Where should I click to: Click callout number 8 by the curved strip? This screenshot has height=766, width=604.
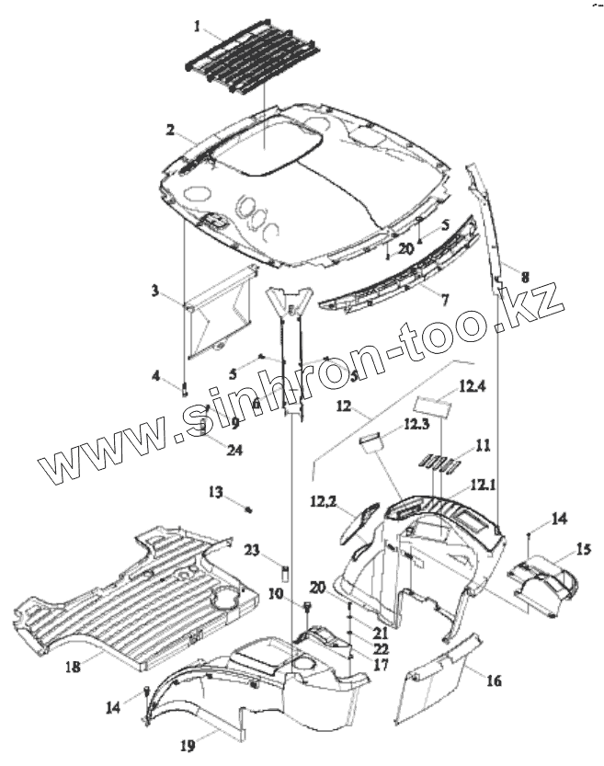click(x=524, y=274)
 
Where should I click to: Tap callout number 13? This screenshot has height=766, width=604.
click(x=214, y=494)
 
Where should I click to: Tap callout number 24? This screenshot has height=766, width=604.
click(x=210, y=451)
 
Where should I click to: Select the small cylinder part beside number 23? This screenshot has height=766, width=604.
click(x=286, y=575)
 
